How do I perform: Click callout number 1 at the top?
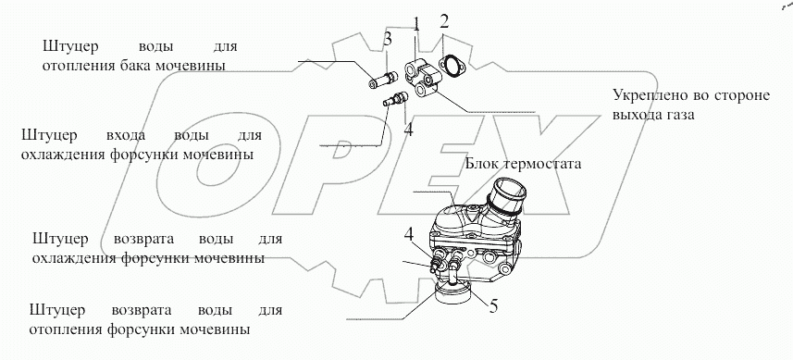click(x=416, y=25)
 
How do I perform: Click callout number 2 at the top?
click(x=443, y=21)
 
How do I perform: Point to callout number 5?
click(x=493, y=306)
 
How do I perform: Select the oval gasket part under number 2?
click(x=450, y=68)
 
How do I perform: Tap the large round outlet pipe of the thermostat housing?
click(x=507, y=194)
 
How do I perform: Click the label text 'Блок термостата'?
click(x=523, y=164)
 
